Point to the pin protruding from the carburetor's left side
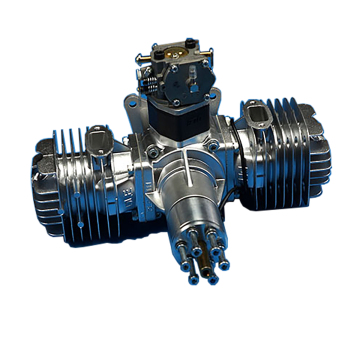137,57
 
